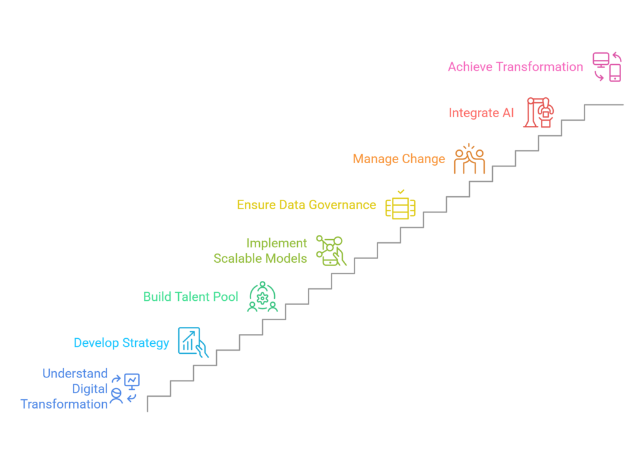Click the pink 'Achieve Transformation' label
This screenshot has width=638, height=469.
pos(515,67)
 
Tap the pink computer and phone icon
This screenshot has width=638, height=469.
pos(607,67)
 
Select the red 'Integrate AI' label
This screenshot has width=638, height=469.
pos(482,113)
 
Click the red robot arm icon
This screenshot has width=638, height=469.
pos(540,113)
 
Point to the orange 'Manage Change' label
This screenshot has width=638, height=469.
pos(399,159)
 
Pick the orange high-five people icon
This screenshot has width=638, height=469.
pos(469,159)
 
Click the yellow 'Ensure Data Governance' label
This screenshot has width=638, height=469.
pos(307,205)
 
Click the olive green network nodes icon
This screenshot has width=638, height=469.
pos(331,250)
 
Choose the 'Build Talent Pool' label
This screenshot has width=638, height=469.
pos(191,296)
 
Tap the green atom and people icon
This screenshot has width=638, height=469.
pos(262,296)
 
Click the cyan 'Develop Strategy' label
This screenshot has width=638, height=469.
pos(121,343)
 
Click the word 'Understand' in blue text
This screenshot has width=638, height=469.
pos(75,374)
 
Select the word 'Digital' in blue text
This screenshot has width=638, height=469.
pos(90,389)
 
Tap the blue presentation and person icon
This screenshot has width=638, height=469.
pos(125,389)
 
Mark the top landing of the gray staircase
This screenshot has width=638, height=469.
pos(604,105)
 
